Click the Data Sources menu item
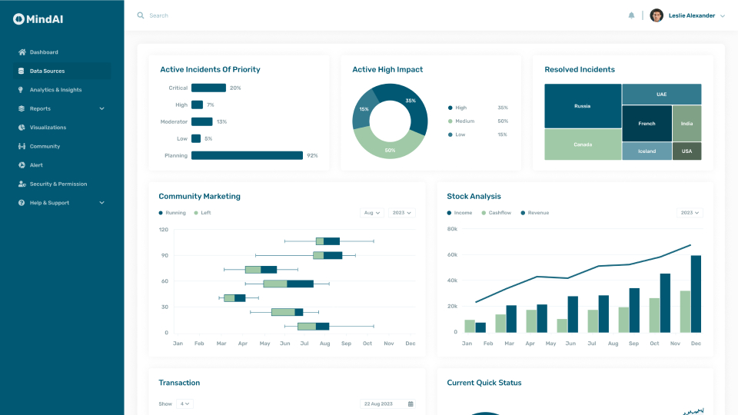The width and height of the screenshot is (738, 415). click(x=47, y=71)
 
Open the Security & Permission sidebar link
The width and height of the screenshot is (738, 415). click(x=58, y=184)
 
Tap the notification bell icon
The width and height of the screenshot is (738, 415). click(x=631, y=15)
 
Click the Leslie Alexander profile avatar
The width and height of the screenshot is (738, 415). click(x=657, y=15)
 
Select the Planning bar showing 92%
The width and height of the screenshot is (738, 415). click(x=247, y=155)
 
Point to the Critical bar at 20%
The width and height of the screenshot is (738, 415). click(x=208, y=88)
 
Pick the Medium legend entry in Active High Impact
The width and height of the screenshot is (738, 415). click(x=464, y=121)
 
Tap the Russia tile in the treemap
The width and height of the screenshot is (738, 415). click(x=583, y=106)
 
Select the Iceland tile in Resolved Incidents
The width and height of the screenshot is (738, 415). click(x=647, y=151)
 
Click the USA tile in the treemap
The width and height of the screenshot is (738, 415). click(x=686, y=151)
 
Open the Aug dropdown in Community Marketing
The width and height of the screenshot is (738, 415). click(x=372, y=213)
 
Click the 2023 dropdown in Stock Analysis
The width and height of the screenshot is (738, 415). click(x=690, y=213)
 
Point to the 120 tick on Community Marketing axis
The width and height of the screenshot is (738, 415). click(x=164, y=229)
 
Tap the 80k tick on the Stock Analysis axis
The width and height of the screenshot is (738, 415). click(x=452, y=229)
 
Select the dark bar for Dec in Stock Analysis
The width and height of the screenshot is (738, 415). click(x=696, y=294)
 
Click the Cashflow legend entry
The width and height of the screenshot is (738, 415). click(x=496, y=213)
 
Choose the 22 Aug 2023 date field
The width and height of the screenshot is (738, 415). click(x=388, y=403)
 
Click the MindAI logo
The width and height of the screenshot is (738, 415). click(x=38, y=18)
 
